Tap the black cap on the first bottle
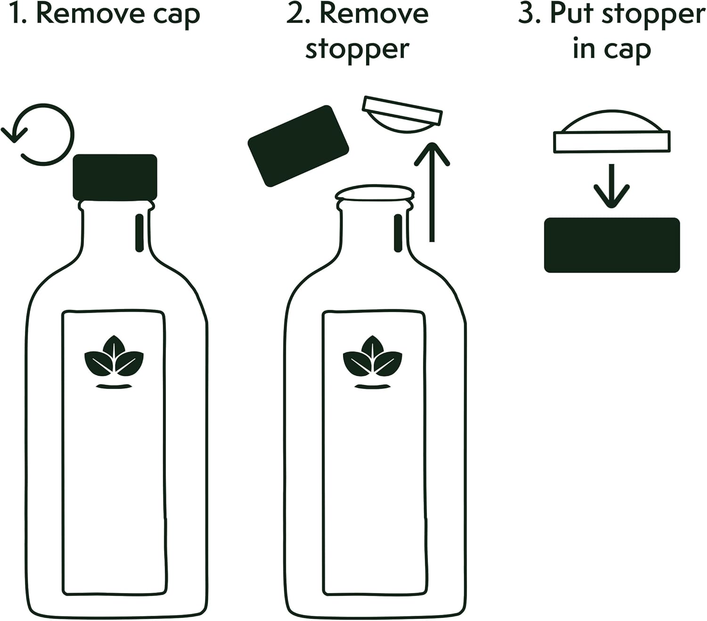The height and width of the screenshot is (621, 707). click(x=115, y=177)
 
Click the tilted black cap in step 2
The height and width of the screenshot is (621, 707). click(x=298, y=146)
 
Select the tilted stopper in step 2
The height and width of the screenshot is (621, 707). click(x=402, y=115)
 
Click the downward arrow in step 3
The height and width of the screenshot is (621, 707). click(x=611, y=186)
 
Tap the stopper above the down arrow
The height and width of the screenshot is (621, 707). click(x=612, y=134)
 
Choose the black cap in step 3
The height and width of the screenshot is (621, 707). click(x=612, y=245)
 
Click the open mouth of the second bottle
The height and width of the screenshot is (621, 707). click(x=375, y=193)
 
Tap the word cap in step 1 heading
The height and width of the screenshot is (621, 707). click(x=177, y=15)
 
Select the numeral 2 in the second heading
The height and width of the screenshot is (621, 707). click(x=295, y=14)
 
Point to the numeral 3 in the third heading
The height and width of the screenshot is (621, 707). click(x=526, y=14)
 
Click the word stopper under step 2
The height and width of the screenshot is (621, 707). click(x=357, y=50)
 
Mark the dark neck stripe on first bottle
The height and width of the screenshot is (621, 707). click(x=139, y=233)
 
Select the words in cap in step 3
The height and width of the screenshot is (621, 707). click(x=612, y=50)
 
